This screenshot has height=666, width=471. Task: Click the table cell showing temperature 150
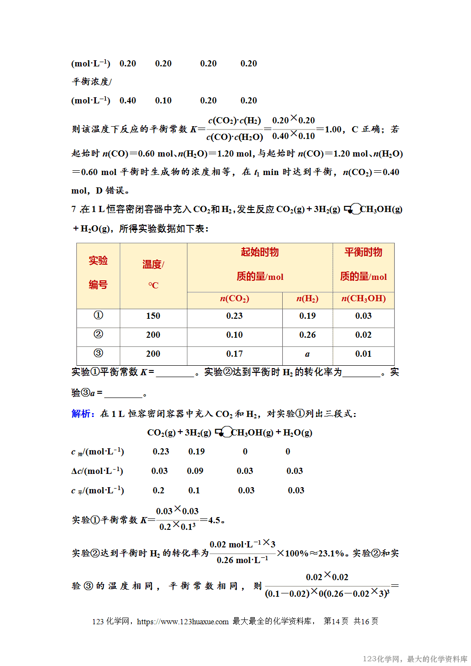pos(153,316)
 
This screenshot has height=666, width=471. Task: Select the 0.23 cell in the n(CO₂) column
pos(234,316)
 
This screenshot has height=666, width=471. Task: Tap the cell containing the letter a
pos(307,354)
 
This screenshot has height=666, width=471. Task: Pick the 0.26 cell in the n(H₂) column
pos(307,335)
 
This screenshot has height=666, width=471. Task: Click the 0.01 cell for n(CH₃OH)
pos(363,354)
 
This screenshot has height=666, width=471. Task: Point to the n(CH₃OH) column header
pos(363,298)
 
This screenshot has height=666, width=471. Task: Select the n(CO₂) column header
pos(234,298)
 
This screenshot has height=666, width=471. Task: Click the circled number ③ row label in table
pos(98,353)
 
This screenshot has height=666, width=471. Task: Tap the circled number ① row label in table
pos(98,315)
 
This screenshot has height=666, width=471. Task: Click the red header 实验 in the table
pos(98,260)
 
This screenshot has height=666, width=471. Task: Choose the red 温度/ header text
pos(153,264)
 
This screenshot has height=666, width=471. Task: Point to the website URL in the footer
pos(183,621)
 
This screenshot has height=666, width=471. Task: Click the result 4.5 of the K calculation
pos(214,520)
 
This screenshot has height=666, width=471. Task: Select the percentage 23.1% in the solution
pos(331,553)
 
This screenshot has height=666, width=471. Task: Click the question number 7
pos(74,209)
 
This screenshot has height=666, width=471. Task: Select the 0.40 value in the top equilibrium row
pos(128,101)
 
